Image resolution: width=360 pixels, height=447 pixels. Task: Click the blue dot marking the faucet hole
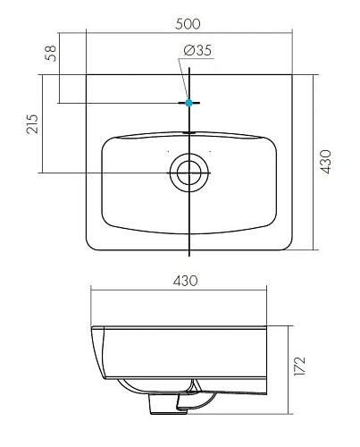(189, 103)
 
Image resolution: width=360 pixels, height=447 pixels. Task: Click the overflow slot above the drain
(189, 132)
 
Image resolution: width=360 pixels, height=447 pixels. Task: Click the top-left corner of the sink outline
(87, 76)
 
